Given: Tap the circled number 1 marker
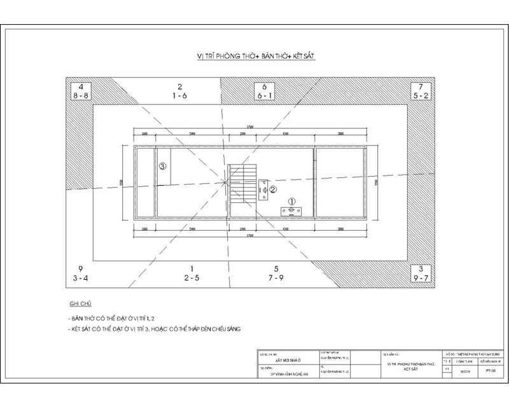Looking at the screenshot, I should (x=291, y=202).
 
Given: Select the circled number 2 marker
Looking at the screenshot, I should (x=272, y=188).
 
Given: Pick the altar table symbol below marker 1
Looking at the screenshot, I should (x=291, y=211).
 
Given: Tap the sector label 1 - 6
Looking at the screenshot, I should (x=180, y=95).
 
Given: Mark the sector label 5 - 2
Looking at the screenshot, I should (x=421, y=95).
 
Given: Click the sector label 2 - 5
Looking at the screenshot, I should (x=192, y=278).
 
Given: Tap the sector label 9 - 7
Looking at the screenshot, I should (x=421, y=278).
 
